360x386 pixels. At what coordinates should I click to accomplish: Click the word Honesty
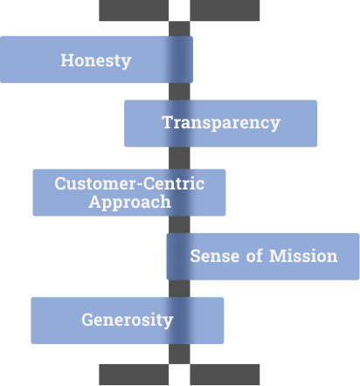click(x=96, y=61)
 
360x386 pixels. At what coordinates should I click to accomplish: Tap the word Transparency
click(x=221, y=122)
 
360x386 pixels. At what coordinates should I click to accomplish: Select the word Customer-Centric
click(x=129, y=183)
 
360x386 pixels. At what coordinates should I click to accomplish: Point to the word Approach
click(x=129, y=203)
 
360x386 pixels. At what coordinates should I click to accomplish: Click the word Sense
click(x=215, y=256)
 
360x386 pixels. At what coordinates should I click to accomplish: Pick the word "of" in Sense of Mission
click(x=254, y=256)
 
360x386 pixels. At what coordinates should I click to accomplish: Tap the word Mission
click(x=303, y=256)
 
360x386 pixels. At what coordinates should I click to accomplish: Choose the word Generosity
click(x=128, y=320)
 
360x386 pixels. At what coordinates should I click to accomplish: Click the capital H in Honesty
click(x=66, y=60)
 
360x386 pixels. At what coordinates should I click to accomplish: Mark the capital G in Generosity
click(x=87, y=320)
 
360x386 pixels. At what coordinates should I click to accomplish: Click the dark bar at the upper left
click(x=134, y=10)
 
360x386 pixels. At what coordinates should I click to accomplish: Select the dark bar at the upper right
click(x=225, y=10)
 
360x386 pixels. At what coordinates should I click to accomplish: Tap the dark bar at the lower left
click(x=134, y=375)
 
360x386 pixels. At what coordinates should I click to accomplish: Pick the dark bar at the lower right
click(x=225, y=375)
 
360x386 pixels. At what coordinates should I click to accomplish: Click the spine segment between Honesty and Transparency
click(x=179, y=92)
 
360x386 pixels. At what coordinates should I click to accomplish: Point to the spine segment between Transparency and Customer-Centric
click(x=179, y=158)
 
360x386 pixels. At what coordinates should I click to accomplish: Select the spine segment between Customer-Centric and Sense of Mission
click(x=179, y=224)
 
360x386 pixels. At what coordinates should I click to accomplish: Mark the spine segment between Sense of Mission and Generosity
click(x=179, y=289)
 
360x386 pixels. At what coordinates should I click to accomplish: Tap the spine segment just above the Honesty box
click(x=179, y=29)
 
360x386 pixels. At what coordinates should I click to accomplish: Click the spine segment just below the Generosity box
click(x=179, y=354)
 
